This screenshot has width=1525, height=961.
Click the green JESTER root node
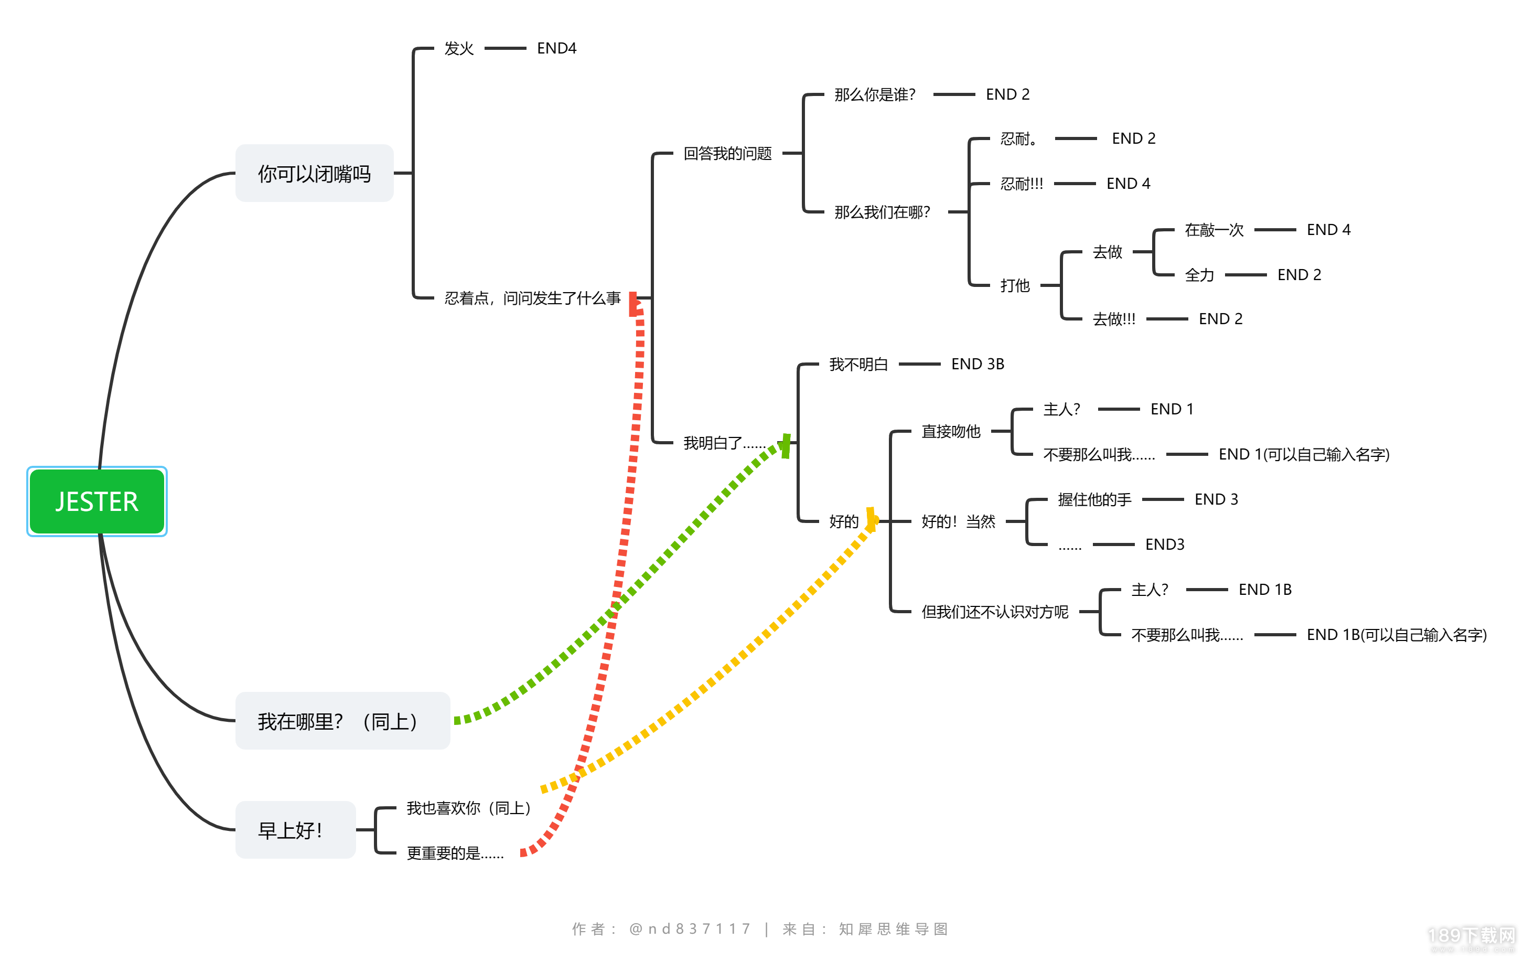97,501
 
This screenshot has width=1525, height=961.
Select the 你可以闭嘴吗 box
314,173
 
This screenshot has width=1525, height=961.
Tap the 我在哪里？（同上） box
342,720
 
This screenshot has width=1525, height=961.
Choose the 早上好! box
295,829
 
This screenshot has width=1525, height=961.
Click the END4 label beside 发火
557,48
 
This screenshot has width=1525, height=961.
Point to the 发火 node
459,48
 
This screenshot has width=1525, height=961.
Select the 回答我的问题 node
728,153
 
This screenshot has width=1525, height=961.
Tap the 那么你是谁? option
875,94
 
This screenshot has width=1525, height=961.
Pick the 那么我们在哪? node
882,211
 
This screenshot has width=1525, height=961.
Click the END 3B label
978,364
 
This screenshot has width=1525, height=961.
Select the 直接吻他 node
951,431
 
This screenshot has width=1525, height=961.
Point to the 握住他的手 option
1094,499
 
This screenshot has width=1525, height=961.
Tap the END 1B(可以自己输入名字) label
1397,634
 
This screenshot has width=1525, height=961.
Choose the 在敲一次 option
1214,229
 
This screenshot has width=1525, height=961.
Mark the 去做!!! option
1114,318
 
